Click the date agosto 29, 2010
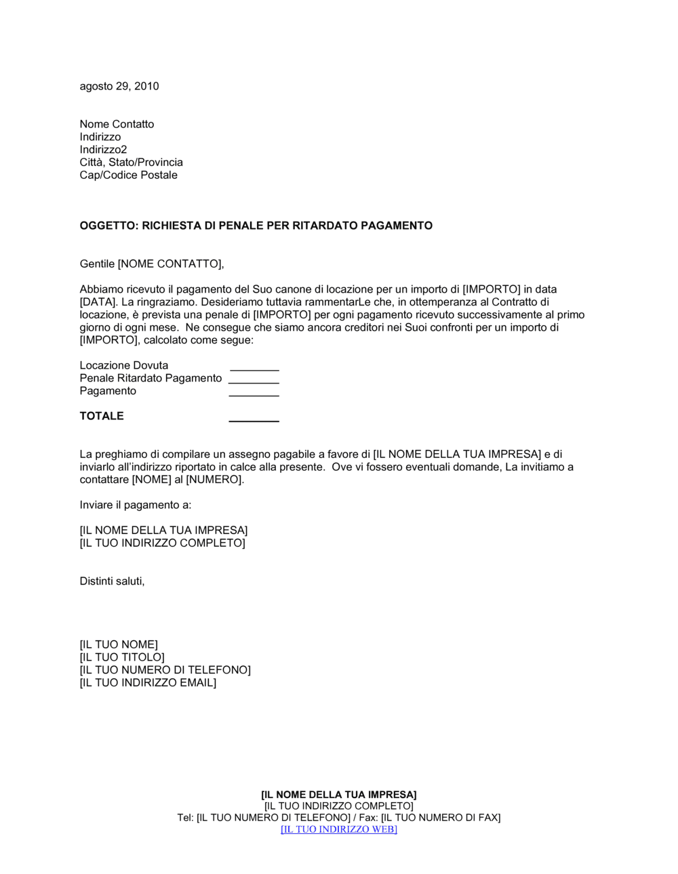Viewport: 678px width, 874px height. pyautogui.click(x=119, y=86)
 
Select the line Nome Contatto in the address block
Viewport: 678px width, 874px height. pyautogui.click(x=117, y=124)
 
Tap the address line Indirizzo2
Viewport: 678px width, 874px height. pyautogui.click(x=103, y=150)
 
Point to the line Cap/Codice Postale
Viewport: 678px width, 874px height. pyautogui.click(x=128, y=175)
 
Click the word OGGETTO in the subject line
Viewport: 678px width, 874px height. pyautogui.click(x=108, y=226)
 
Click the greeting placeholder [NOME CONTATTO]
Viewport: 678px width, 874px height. pyautogui.click(x=170, y=264)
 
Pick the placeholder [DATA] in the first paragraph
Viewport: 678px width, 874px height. pyautogui.click(x=98, y=302)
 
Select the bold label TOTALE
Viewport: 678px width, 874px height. pyautogui.click(x=102, y=416)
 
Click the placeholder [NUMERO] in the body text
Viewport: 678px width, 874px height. pyautogui.click(x=214, y=480)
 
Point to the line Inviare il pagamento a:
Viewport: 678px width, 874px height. pyautogui.click(x=136, y=505)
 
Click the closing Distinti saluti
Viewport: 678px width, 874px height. pyautogui.click(x=112, y=581)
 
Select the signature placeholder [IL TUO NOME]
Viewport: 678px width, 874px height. pyautogui.click(x=119, y=644)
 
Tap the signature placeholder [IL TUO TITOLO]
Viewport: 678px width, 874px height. pyautogui.click(x=122, y=657)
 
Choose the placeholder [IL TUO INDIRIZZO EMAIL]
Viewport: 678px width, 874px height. pyautogui.click(x=148, y=683)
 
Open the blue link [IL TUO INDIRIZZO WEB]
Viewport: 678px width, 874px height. pyautogui.click(x=339, y=829)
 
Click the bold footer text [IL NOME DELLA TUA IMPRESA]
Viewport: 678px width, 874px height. pyautogui.click(x=339, y=795)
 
